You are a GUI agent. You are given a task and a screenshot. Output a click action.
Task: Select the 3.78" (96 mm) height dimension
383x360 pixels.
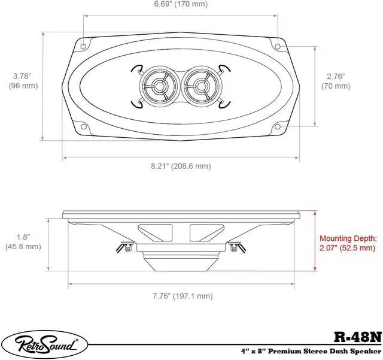tap(23, 81)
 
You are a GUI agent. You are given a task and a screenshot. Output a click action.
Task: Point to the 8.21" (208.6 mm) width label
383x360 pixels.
tap(180, 165)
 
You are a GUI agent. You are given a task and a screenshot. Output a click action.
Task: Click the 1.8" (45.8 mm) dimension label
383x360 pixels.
tap(23, 241)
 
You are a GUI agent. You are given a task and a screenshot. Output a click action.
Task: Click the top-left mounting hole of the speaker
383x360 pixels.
tap(84, 44)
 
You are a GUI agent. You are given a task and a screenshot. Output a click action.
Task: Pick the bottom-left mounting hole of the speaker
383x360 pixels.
tap(84, 126)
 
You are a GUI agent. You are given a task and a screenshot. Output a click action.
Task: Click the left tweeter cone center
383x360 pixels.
tap(159, 85)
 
